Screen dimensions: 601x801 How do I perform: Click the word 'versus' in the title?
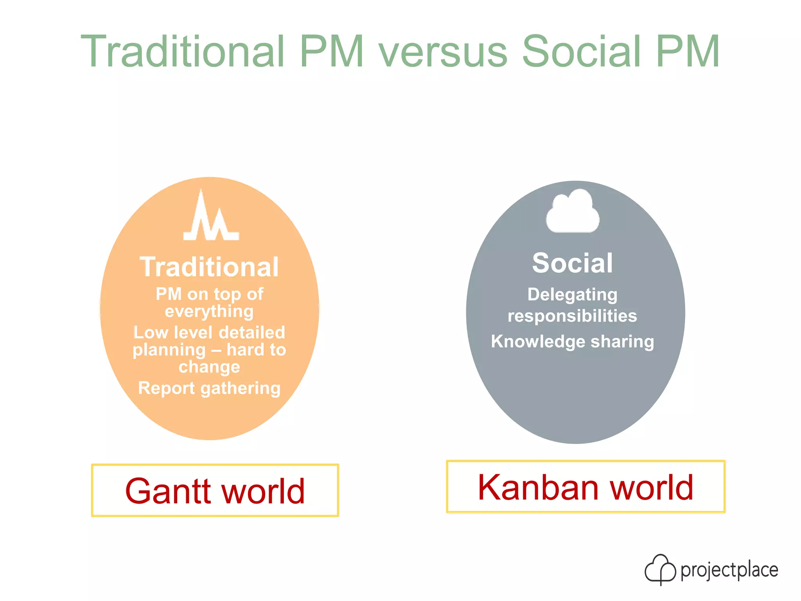coord(443,52)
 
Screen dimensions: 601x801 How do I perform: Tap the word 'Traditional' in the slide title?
coord(183,52)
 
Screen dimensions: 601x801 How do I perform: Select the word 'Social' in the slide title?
coord(582,52)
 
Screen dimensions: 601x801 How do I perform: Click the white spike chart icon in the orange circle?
coord(211,217)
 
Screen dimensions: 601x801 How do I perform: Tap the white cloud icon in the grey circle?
coord(573,211)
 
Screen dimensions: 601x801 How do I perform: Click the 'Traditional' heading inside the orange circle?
coord(209,268)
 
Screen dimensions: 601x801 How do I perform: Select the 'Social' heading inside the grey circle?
coord(572,263)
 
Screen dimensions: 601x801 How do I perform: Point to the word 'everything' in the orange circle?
coord(209,312)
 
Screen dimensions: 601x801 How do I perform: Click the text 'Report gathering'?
coord(209,388)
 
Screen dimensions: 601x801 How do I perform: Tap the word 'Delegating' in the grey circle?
coord(572,295)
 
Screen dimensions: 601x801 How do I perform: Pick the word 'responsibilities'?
coord(572,316)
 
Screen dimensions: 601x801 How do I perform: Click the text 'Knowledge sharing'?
coord(572,342)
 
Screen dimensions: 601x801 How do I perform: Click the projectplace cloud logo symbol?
coord(660,569)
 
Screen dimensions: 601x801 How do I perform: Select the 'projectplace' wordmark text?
coord(729,570)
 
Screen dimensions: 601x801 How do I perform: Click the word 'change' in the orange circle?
coord(209,367)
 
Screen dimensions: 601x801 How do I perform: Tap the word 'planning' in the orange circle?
coord(169,350)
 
